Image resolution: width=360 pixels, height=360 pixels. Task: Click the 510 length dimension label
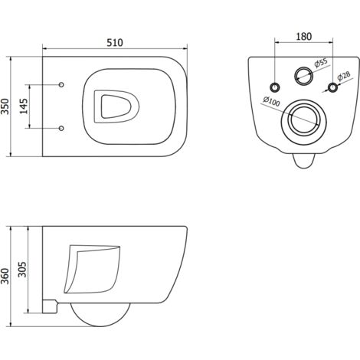pyautogui.click(x=115, y=42)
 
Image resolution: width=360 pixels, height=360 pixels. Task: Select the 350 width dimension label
pyautogui.click(x=5, y=106)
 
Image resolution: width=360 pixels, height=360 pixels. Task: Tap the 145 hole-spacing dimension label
pyautogui.click(x=24, y=106)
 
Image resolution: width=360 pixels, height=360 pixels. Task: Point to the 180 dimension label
pyautogui.click(x=304, y=37)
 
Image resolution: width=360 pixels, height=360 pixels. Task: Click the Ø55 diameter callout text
pyautogui.click(x=321, y=63)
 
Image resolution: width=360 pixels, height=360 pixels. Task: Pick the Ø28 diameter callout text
pyautogui.click(x=344, y=76)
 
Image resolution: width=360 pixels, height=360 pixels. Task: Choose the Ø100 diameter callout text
pyautogui.click(x=272, y=101)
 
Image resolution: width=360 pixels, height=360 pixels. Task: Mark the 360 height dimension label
pyautogui.click(x=5, y=276)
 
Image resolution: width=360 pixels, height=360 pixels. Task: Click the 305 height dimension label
pyautogui.click(x=22, y=270)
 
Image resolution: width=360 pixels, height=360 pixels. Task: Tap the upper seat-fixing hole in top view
pyautogui.click(x=61, y=84)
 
